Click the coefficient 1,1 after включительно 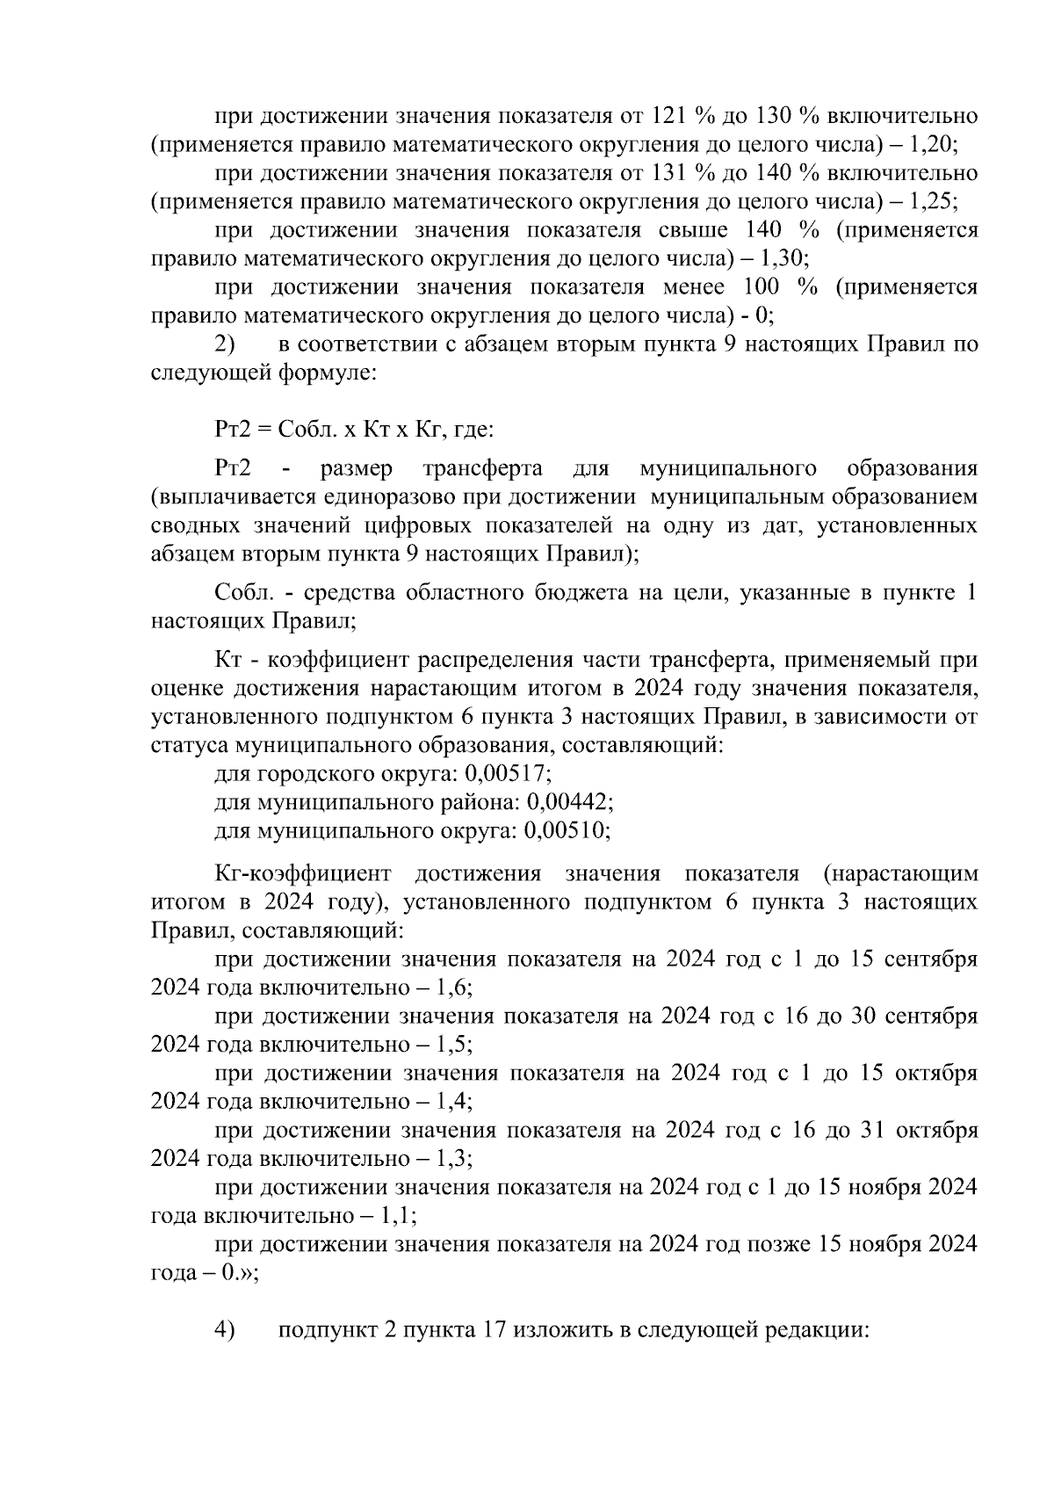point(397,1216)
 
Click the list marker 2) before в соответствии point(226,344)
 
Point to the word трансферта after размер point(481,469)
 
